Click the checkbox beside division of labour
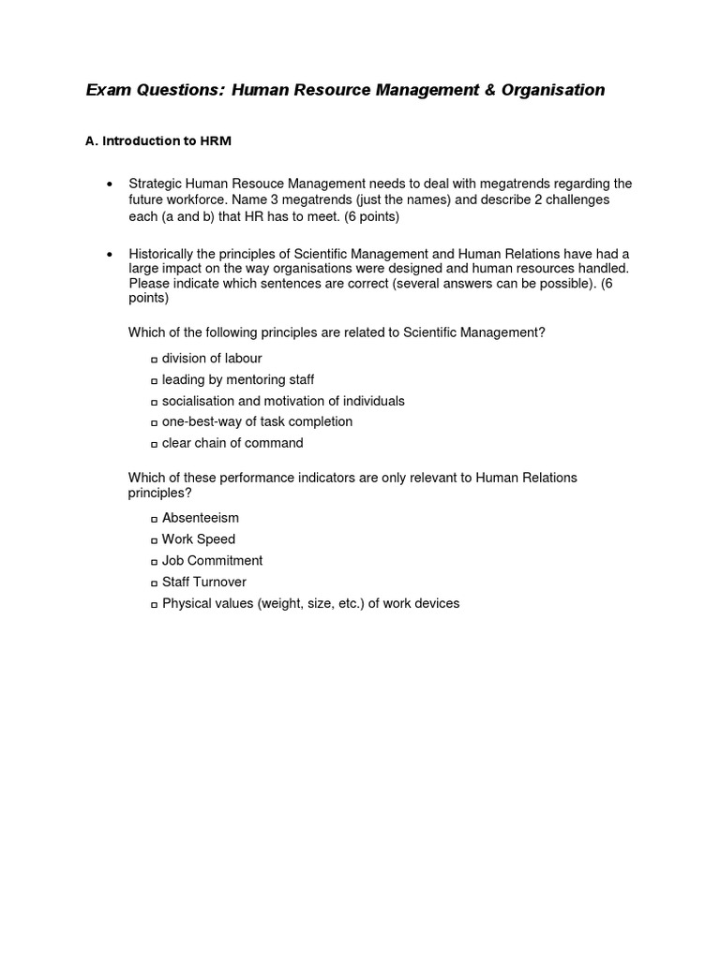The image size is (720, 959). (x=154, y=360)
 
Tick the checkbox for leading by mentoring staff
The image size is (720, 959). (x=154, y=381)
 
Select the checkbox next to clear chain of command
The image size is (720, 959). (x=154, y=445)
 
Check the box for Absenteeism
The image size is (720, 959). (x=154, y=519)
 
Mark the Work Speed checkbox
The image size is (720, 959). (x=154, y=540)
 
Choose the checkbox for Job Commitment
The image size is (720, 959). (x=154, y=562)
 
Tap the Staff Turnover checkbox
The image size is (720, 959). (x=154, y=583)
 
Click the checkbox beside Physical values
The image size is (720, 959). (x=154, y=605)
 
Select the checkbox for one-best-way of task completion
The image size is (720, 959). (x=154, y=423)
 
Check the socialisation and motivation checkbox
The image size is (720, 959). (x=154, y=402)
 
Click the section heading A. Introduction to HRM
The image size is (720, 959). (x=157, y=141)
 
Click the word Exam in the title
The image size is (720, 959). (x=109, y=90)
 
